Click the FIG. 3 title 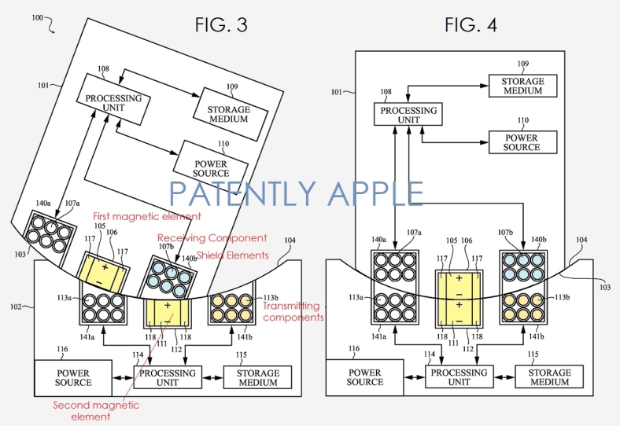(221, 25)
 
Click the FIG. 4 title (471, 25)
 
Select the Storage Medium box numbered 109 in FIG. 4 (522, 85)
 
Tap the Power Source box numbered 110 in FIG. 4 (522, 142)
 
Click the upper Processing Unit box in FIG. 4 (408, 116)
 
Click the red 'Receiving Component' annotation (212, 237)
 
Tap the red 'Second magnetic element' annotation (96, 410)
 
